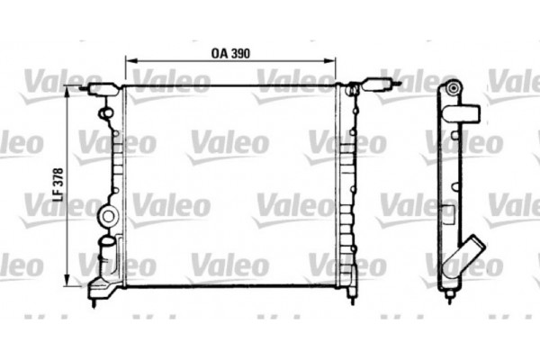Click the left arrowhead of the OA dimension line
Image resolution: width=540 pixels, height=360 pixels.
click(x=127, y=61)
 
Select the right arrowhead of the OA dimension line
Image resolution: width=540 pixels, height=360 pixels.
click(x=332, y=61)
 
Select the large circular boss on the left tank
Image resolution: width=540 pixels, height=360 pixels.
click(x=109, y=216)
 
